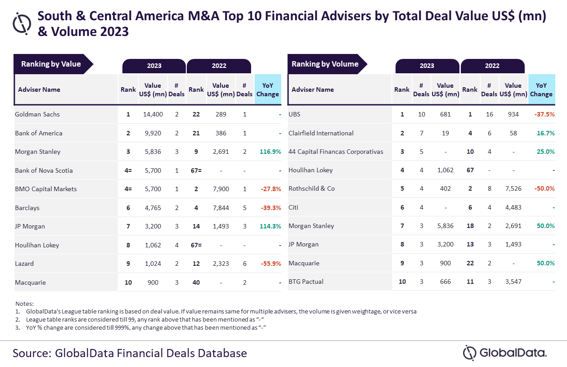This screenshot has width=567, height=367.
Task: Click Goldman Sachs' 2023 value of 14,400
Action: click(x=153, y=114)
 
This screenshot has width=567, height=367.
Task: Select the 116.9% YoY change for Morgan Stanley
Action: click(x=270, y=152)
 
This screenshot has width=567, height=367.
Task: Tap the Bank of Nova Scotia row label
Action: click(x=44, y=170)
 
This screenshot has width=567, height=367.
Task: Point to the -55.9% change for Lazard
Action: click(x=271, y=264)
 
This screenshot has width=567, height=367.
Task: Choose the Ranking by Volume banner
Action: click(x=327, y=64)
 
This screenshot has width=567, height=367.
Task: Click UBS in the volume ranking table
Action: click(x=294, y=114)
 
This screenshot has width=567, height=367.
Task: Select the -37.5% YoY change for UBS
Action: click(x=544, y=114)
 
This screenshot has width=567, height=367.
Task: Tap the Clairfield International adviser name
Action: click(x=321, y=133)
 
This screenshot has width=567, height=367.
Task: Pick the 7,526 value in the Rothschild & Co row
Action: click(x=513, y=189)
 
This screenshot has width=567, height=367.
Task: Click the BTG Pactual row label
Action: click(x=306, y=282)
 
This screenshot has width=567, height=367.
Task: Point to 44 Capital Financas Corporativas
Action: click(x=336, y=152)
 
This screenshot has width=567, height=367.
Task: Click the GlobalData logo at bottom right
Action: click(x=505, y=353)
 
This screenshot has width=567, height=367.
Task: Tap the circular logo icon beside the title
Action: click(x=22, y=23)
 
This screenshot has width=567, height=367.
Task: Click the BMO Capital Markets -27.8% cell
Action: click(x=271, y=189)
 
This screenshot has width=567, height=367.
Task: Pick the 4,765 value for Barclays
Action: click(x=153, y=208)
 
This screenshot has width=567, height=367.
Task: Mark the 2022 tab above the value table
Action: click(x=219, y=66)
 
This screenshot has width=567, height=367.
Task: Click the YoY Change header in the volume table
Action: click(x=541, y=90)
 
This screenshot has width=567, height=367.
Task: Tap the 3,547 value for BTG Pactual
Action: click(x=513, y=282)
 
